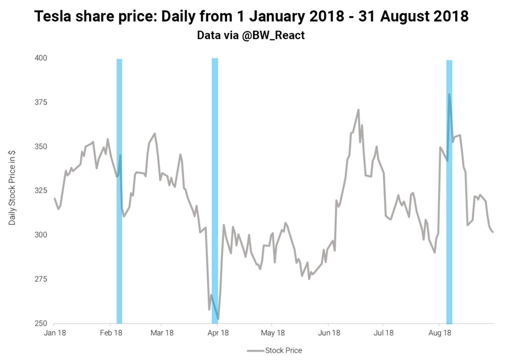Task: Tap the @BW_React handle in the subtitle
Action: point(274,35)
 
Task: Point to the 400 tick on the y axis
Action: point(41,58)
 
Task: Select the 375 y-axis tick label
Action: point(41,102)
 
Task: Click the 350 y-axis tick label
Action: point(41,147)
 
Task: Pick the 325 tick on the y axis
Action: point(41,191)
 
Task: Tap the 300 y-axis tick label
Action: point(41,235)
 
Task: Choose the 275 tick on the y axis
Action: point(41,279)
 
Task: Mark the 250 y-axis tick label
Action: point(41,324)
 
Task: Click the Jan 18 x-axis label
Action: point(55,333)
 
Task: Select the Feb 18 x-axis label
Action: point(111,333)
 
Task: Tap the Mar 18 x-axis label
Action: point(162,333)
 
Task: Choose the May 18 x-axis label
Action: point(272,333)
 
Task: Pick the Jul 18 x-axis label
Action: point(383,333)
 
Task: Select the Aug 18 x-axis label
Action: point(439,333)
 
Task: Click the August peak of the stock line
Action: point(449,95)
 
